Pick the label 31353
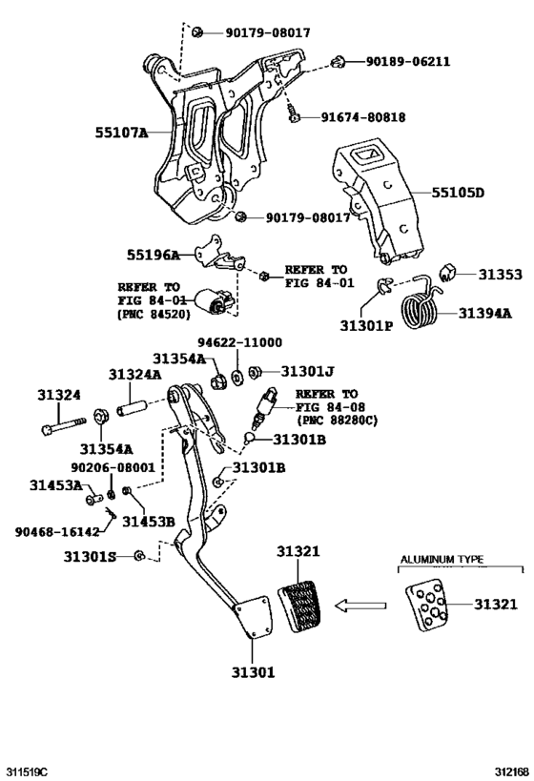[500, 275]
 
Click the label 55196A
[153, 256]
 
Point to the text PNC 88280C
[337, 420]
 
